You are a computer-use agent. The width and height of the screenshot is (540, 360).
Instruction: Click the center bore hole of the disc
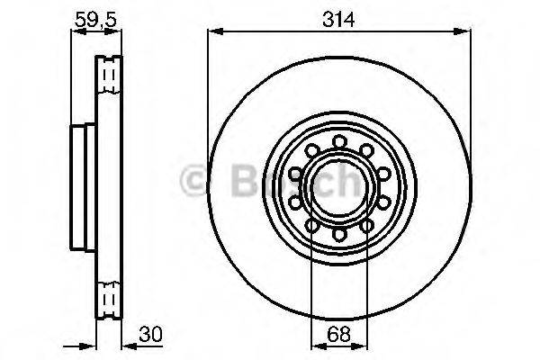338,187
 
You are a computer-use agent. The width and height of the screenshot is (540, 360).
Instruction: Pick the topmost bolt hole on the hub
338,141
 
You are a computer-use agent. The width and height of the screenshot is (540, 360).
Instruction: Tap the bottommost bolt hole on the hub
338,234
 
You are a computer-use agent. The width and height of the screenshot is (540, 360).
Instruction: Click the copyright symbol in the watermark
193,182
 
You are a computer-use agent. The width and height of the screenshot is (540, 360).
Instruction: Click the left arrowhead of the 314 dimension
214,32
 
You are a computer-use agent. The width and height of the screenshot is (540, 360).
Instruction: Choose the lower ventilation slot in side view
110,296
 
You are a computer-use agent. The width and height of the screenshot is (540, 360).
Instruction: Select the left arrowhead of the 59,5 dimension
76,32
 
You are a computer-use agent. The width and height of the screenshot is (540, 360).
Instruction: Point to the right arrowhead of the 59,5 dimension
117,32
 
